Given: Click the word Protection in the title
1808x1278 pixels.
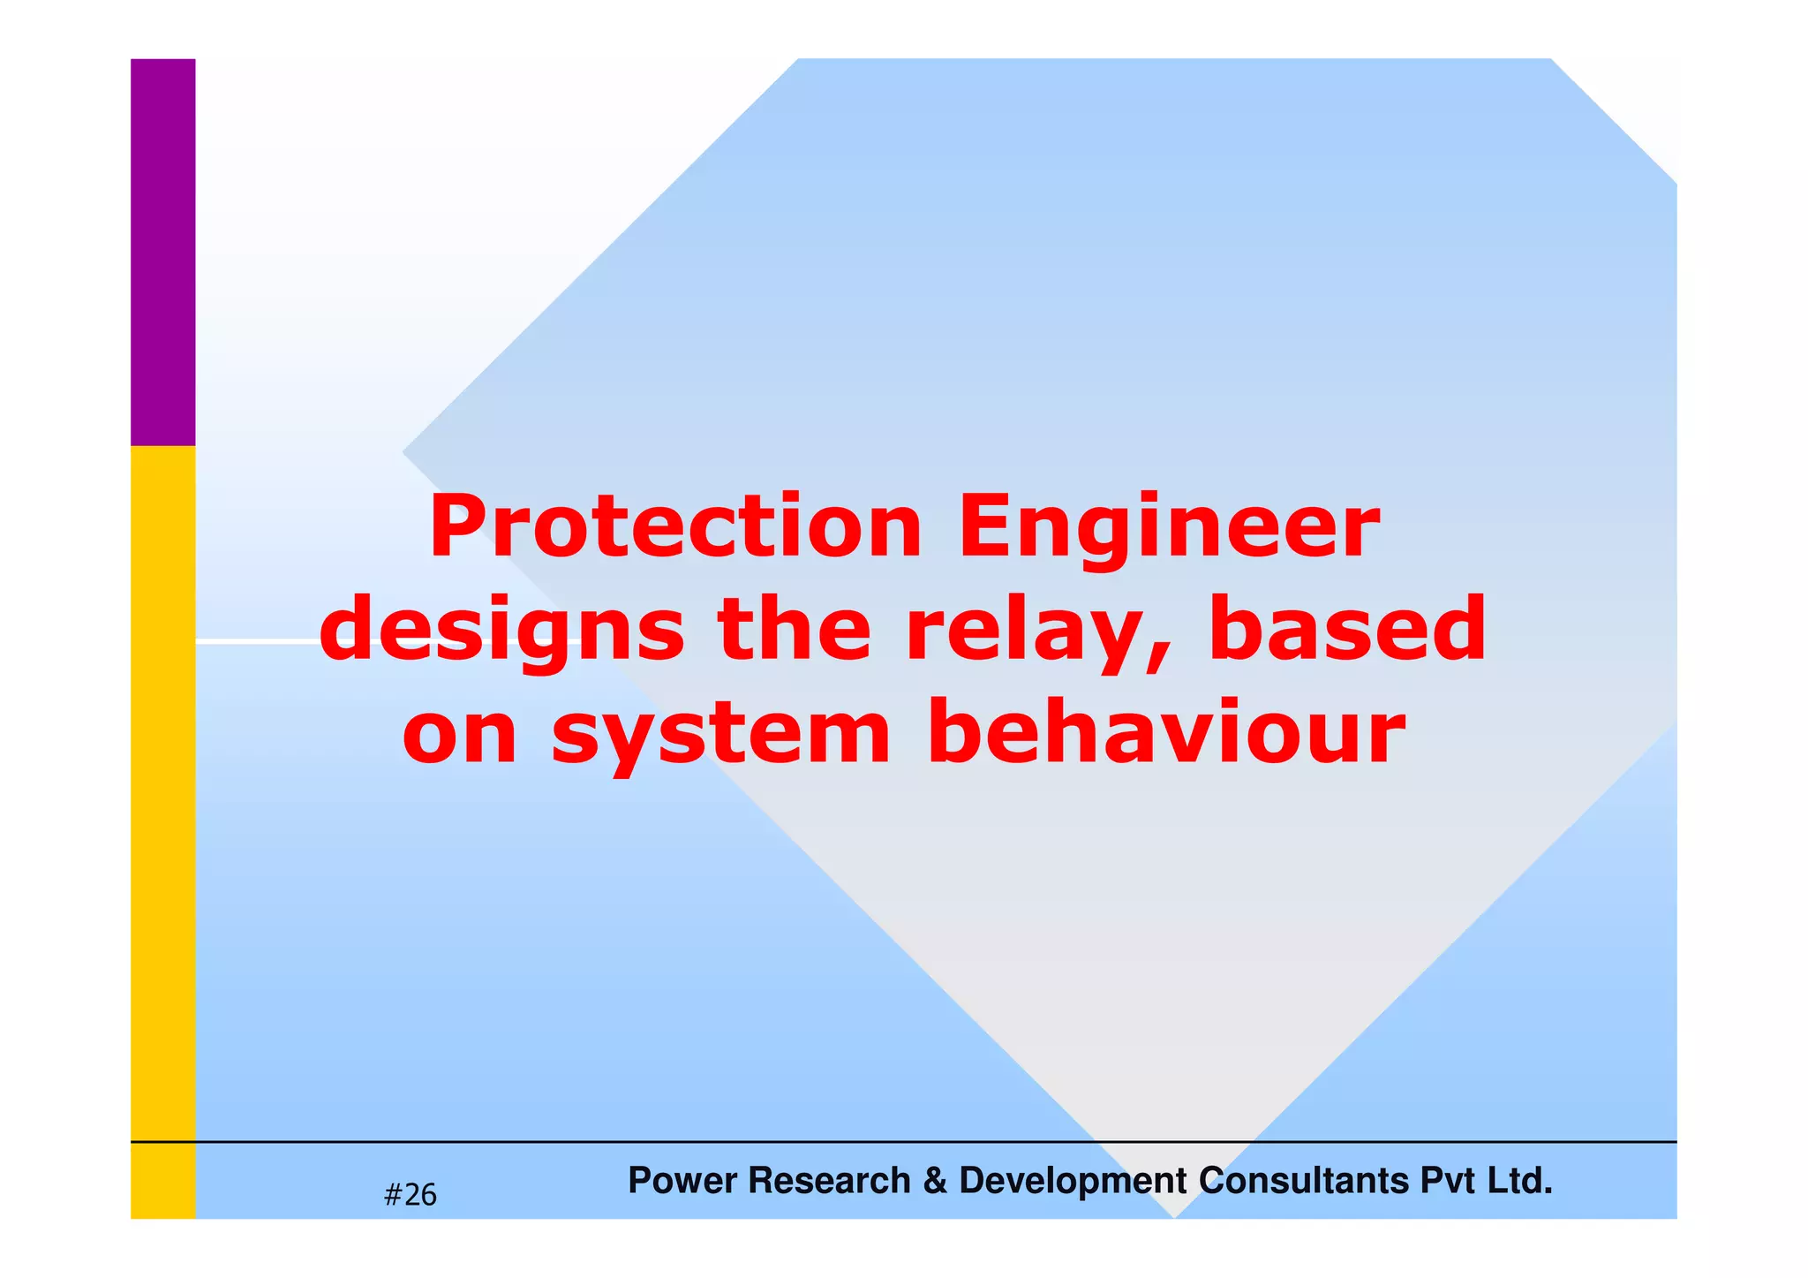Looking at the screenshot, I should (675, 528).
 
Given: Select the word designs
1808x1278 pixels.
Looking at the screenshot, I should (501, 631).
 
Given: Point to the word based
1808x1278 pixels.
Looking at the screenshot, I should (1347, 629).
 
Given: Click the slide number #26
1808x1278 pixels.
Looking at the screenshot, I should (411, 1195).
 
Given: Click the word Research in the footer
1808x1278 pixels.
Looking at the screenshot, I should (829, 1181).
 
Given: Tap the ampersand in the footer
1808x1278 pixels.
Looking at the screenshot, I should (935, 1181).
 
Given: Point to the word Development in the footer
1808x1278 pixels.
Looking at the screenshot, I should (1073, 1181).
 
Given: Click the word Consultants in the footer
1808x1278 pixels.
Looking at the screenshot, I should (1304, 1181).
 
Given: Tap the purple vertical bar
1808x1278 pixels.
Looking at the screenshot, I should (163, 252).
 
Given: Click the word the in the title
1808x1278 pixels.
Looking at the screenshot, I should (795, 629).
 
